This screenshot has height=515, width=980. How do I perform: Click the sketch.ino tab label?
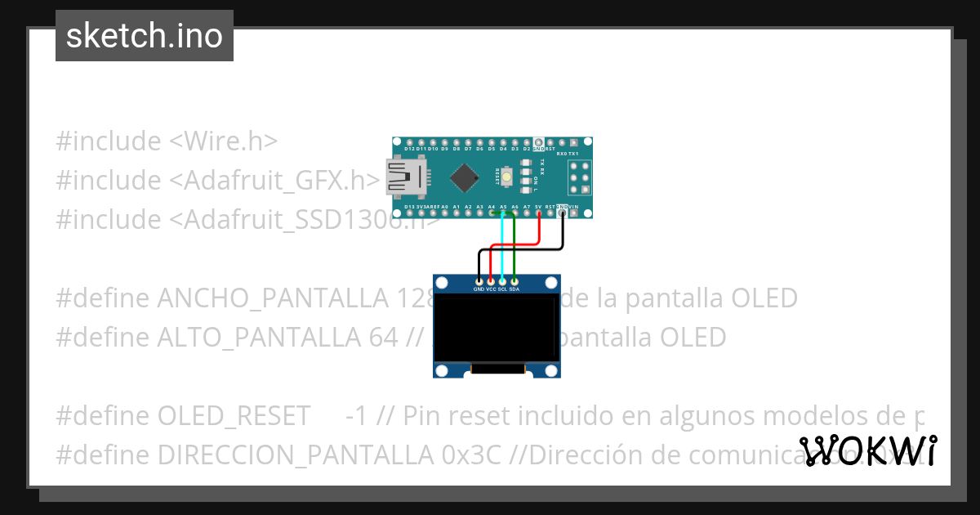coord(145,36)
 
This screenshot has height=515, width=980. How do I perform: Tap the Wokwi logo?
coord(867,450)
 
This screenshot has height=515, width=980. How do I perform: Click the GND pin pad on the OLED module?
coord(479,281)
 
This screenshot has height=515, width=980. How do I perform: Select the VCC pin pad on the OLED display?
coord(491,281)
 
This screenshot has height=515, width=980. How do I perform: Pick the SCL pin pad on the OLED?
coord(502,281)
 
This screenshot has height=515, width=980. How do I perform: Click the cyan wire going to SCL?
coord(502,245)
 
